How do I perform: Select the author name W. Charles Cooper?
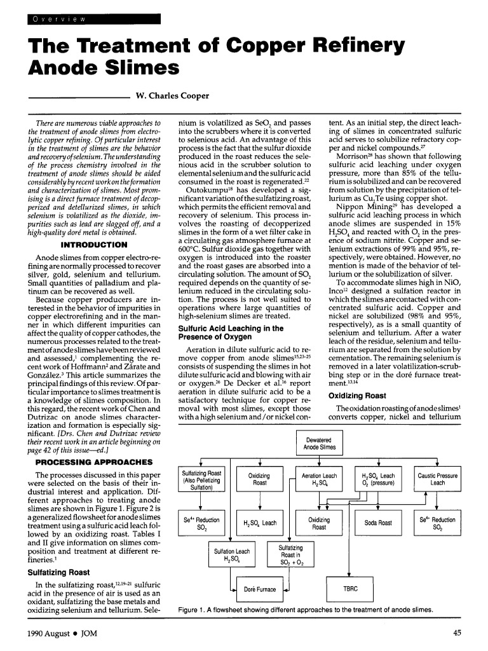click(168, 97)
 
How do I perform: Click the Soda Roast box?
click(378, 523)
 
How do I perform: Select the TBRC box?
click(351, 588)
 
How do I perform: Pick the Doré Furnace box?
click(259, 589)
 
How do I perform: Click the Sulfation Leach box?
click(231, 554)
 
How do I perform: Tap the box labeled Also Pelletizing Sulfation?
click(201, 481)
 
